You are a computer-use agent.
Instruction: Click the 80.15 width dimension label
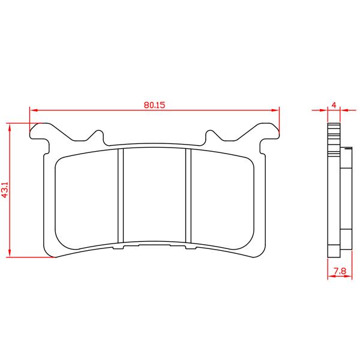(154, 105)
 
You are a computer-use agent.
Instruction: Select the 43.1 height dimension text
(5, 190)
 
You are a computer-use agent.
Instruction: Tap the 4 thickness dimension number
(334, 105)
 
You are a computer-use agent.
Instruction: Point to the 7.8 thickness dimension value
(340, 271)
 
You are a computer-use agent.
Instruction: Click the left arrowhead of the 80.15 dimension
(34, 110)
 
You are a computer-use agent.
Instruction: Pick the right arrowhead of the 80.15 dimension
(275, 110)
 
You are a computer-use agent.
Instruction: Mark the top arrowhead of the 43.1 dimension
(10, 127)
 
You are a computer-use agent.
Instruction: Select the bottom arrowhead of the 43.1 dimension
(10, 253)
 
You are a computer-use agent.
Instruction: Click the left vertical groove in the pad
(121, 196)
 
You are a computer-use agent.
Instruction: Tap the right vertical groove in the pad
(188, 196)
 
